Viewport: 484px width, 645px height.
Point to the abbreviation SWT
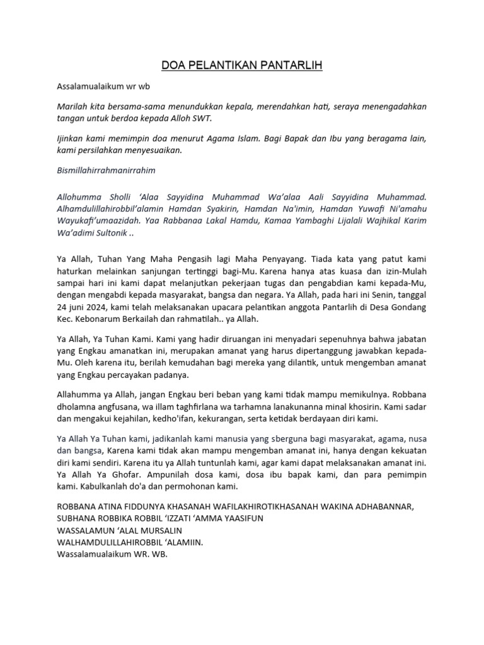(203, 118)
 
